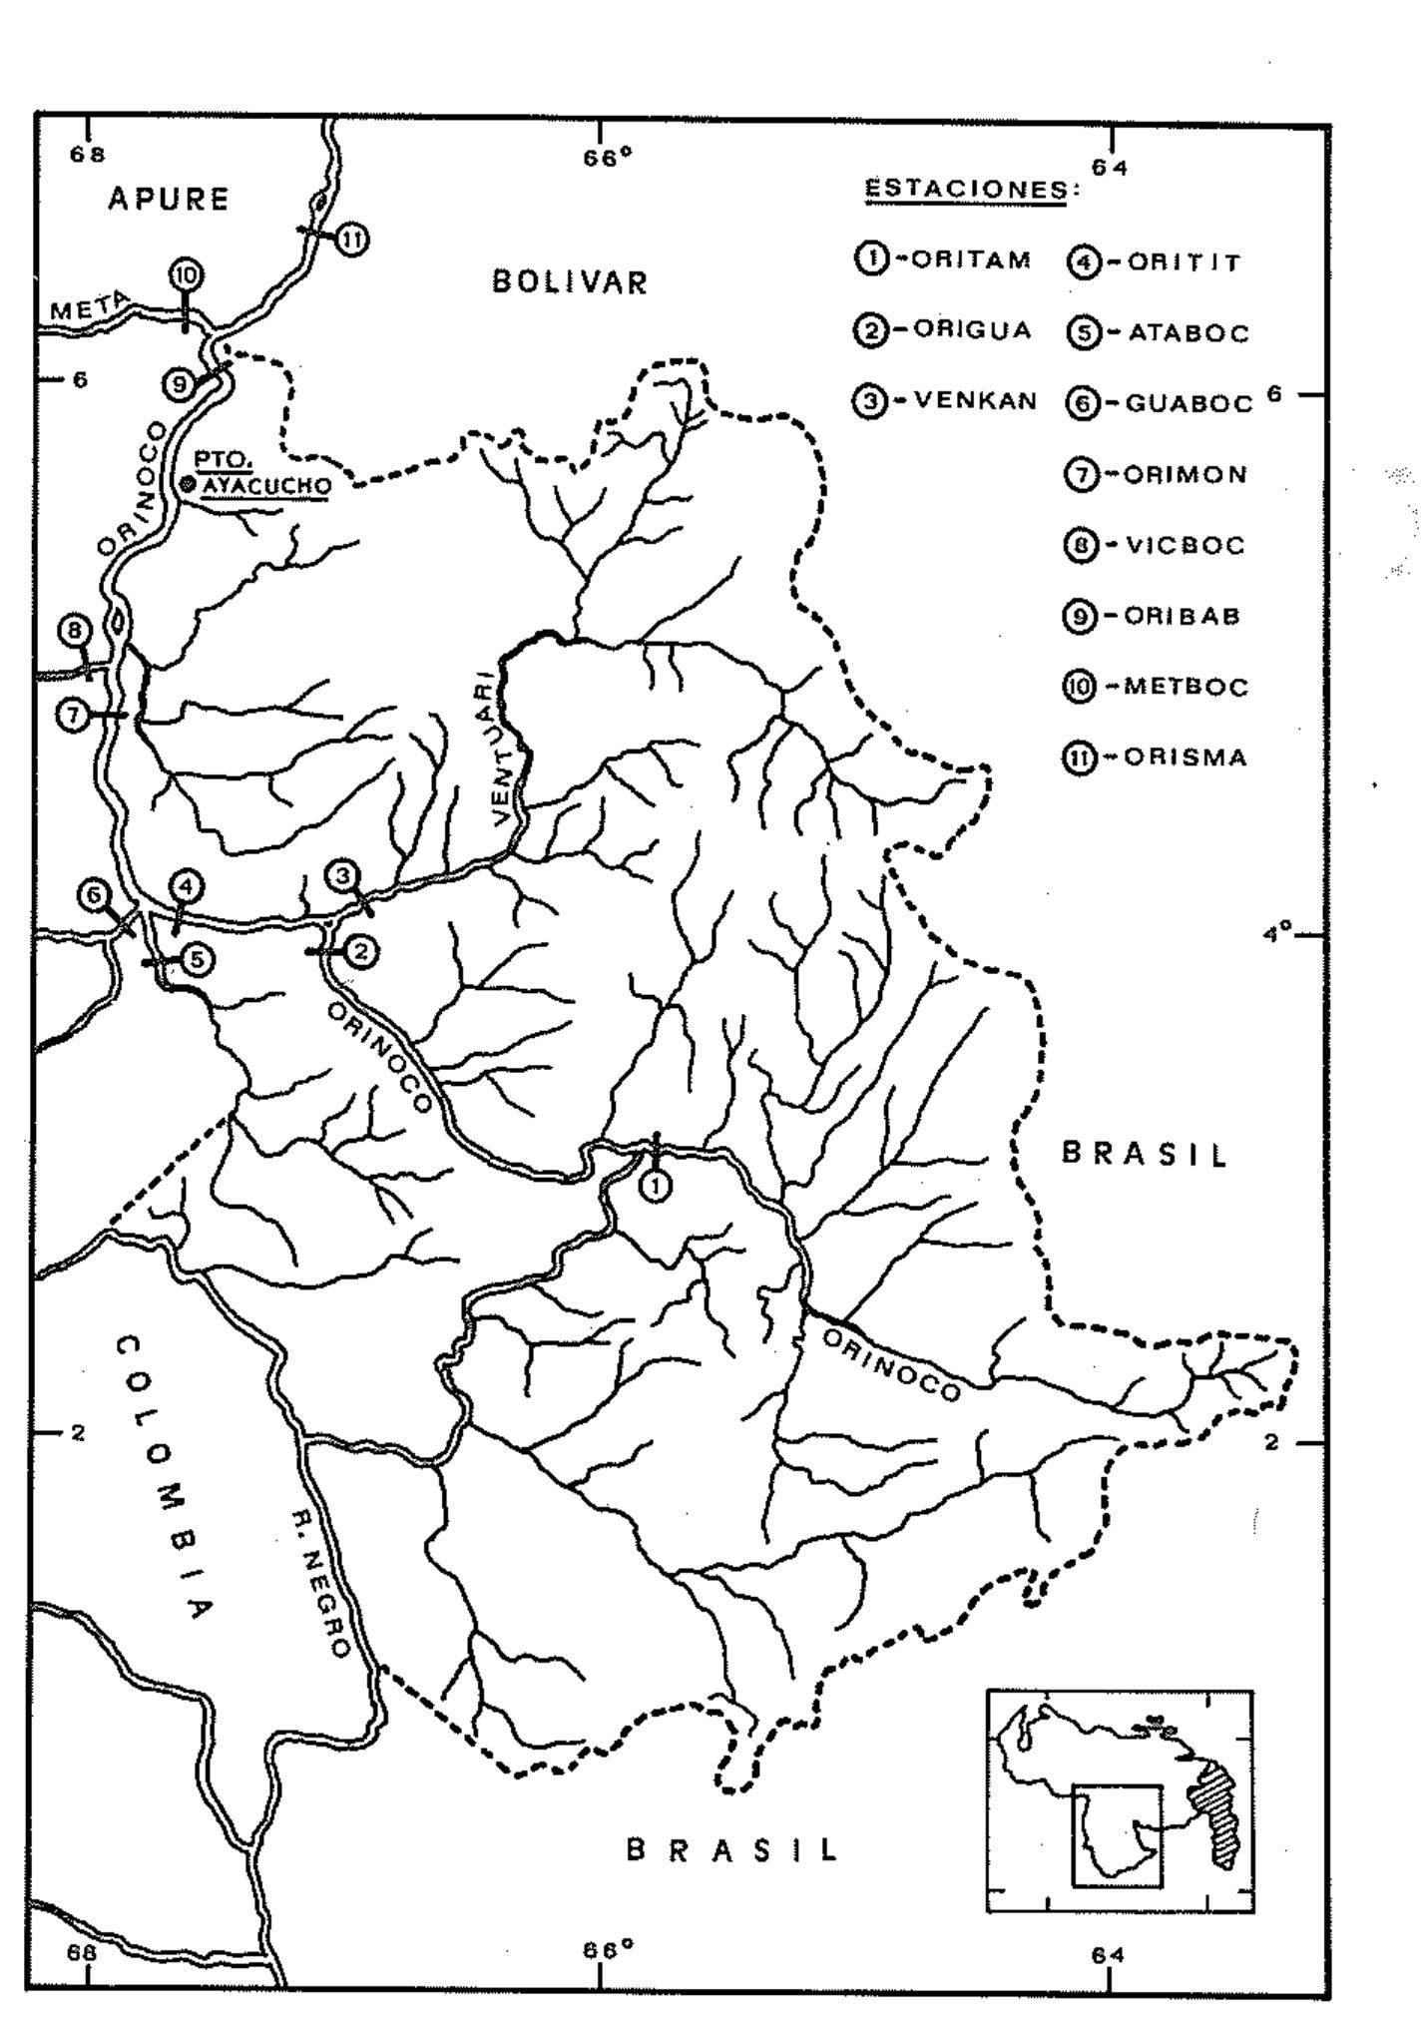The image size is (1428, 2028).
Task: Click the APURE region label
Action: (169, 200)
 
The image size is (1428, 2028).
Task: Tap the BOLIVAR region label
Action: (570, 282)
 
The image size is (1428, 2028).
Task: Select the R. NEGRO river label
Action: (320, 1588)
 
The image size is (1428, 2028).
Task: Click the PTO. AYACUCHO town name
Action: (261, 473)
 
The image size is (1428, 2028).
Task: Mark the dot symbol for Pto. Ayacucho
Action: (187, 484)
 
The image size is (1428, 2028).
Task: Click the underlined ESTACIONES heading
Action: (966, 190)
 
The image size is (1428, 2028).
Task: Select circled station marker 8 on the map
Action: (74, 631)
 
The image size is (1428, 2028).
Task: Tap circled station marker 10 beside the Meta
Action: (186, 274)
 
